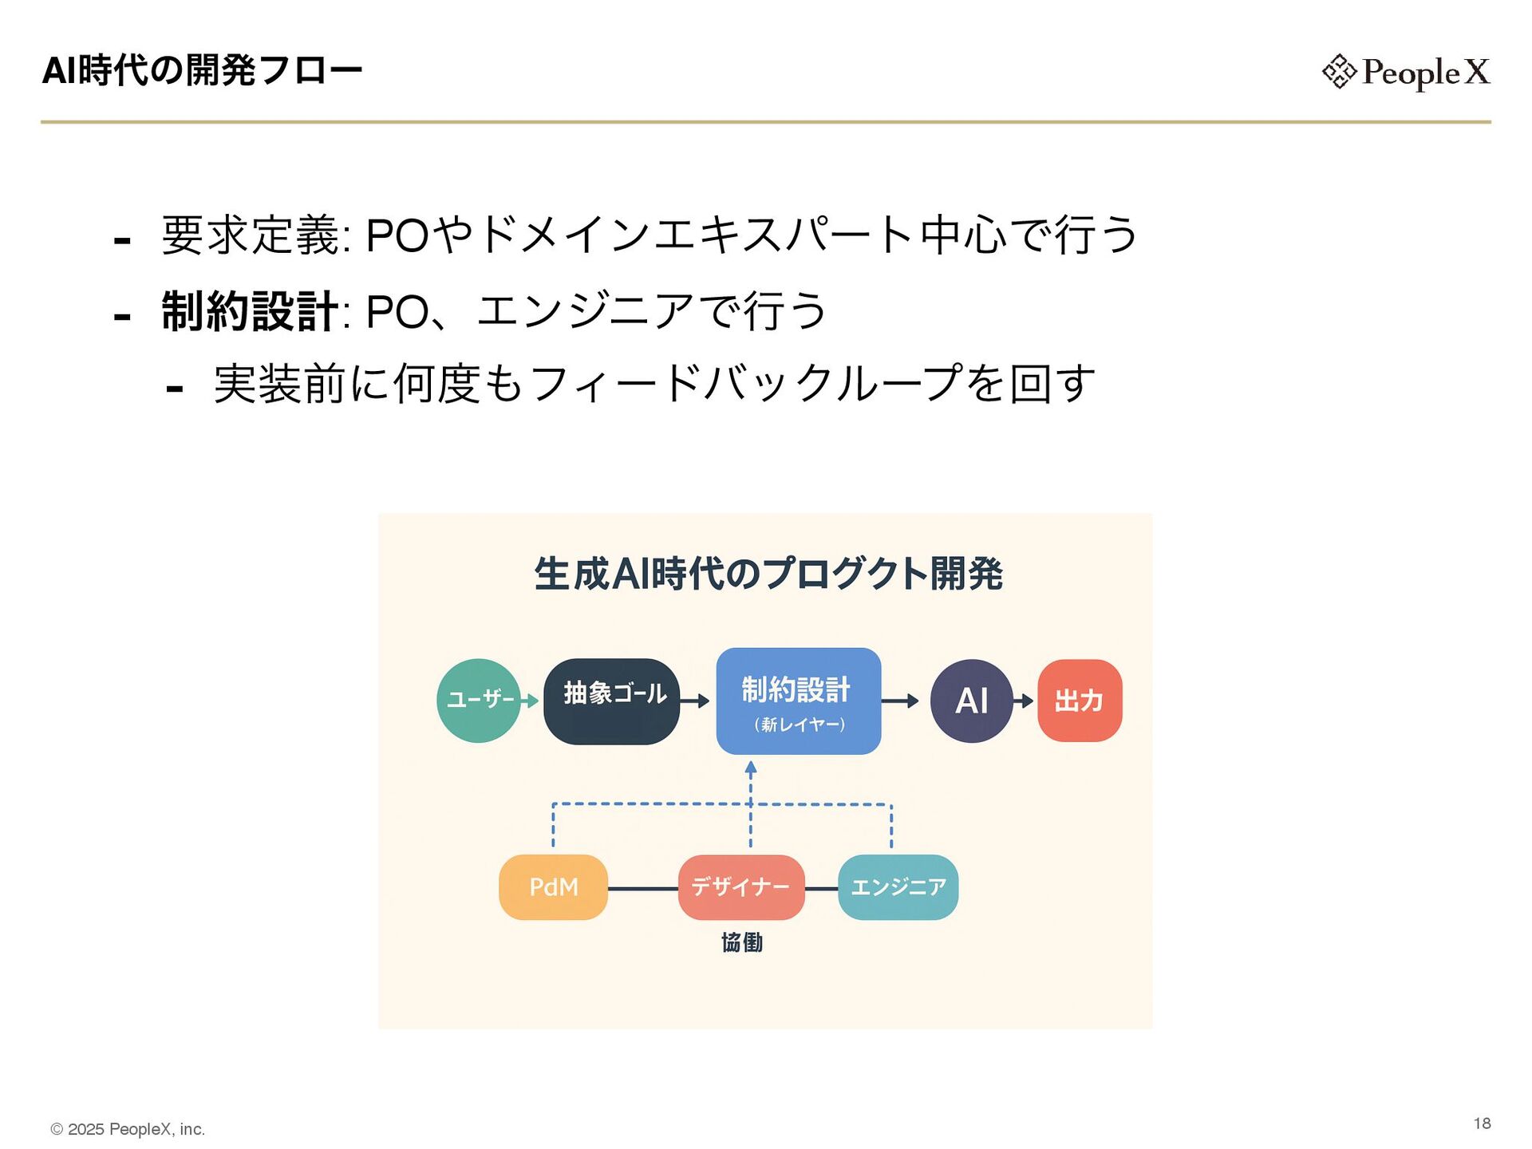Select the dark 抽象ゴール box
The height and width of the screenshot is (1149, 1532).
click(x=612, y=701)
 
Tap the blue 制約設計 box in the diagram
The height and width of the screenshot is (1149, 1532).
click(x=799, y=701)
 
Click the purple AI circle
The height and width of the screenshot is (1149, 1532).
click(x=971, y=701)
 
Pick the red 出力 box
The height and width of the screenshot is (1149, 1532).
click(x=1080, y=701)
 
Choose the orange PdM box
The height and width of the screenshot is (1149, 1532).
click(x=553, y=886)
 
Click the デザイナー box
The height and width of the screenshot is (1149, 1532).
click(x=740, y=886)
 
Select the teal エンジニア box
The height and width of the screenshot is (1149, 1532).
click(x=898, y=886)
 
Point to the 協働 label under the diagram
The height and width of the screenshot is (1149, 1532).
click(x=742, y=942)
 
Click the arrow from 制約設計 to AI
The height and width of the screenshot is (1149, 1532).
click(x=900, y=701)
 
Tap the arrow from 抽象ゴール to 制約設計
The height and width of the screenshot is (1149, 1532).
click(x=694, y=701)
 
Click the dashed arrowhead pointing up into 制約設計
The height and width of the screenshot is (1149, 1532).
click(x=751, y=768)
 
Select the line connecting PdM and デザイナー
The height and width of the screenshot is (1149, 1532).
click(x=642, y=887)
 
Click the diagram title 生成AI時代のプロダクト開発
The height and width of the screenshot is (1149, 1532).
click(x=768, y=573)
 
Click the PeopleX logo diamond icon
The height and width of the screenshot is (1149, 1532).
click(x=1338, y=71)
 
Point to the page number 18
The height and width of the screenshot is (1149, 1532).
click(x=1482, y=1123)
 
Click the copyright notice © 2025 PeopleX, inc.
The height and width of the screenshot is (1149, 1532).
click(x=128, y=1129)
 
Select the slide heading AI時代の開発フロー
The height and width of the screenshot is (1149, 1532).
click(x=202, y=70)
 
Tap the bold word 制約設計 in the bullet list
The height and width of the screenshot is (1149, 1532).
click(x=250, y=310)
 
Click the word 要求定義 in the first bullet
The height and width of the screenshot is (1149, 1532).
click(x=251, y=235)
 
